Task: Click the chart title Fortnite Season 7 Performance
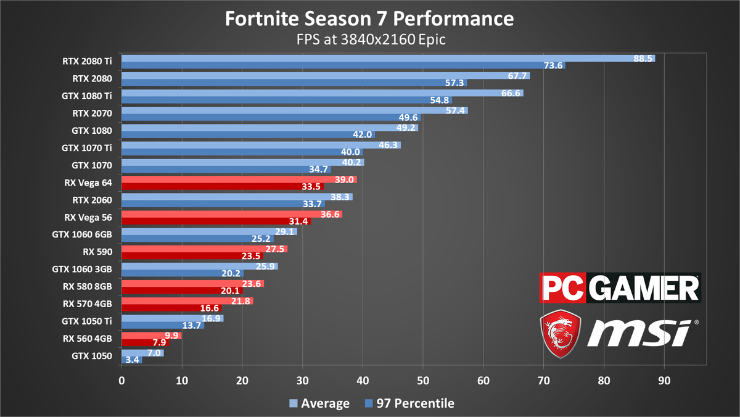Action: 369,19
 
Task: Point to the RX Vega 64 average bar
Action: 239,179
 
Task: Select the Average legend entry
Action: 320,403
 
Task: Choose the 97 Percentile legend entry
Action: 408,403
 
